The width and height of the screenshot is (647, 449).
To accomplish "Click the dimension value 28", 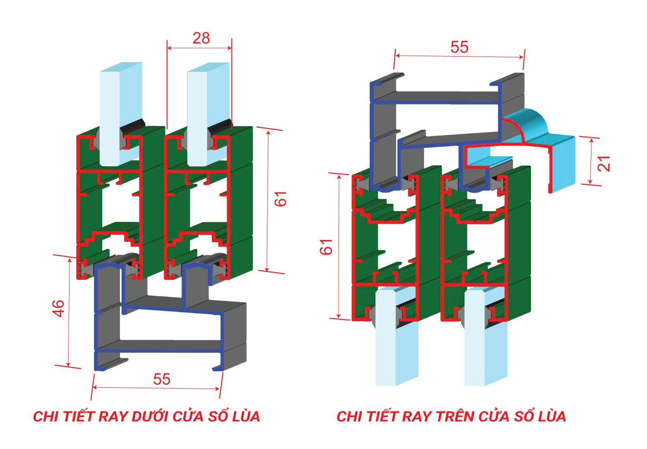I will (201, 38).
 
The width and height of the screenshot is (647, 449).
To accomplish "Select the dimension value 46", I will (58, 308).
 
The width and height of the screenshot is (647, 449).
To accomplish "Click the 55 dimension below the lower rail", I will (162, 379).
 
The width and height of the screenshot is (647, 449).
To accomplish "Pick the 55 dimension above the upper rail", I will (459, 47).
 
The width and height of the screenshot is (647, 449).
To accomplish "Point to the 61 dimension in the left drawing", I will (281, 198).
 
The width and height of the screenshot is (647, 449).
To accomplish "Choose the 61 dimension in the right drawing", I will (327, 247).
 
